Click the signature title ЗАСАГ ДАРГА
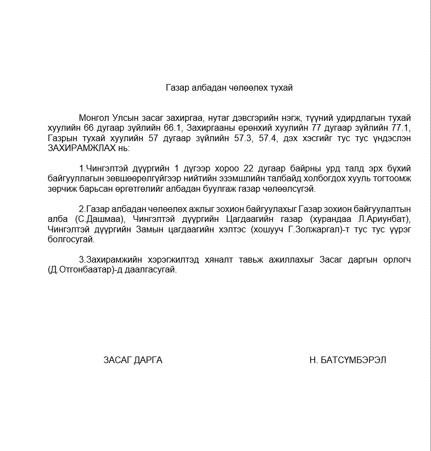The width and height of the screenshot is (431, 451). tap(133, 360)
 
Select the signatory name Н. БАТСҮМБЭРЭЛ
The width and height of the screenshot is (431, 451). tap(348, 360)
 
